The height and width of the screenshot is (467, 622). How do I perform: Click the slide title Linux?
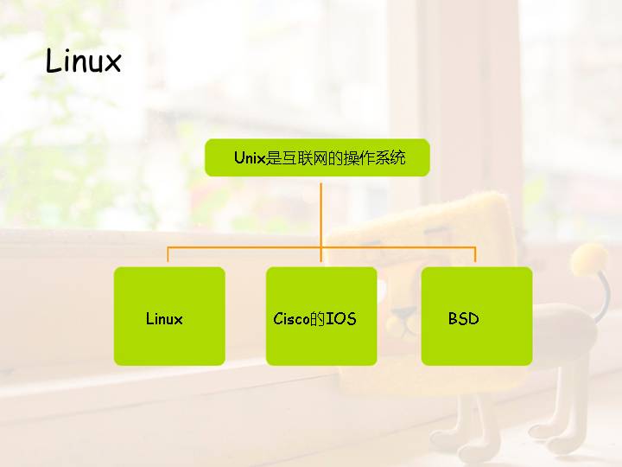pyautogui.click(x=83, y=62)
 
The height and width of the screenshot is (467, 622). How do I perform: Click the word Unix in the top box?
pyautogui.click(x=250, y=158)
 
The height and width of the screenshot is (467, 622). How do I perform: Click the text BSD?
pyautogui.click(x=463, y=318)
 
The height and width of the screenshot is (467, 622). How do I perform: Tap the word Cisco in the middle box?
pyautogui.click(x=291, y=318)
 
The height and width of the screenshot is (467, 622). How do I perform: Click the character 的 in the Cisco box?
pyautogui.click(x=317, y=318)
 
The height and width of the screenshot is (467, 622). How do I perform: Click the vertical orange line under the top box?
pyautogui.click(x=321, y=212)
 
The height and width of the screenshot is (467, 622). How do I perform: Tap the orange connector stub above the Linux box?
pyautogui.click(x=168, y=255)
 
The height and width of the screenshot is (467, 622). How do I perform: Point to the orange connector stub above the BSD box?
pyautogui.click(x=475, y=255)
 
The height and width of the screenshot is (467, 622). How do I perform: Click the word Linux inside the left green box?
pyautogui.click(x=164, y=318)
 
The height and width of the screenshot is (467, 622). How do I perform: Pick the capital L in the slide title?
pyautogui.click(x=53, y=61)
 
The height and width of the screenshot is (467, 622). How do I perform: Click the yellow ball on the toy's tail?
pyautogui.click(x=591, y=257)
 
